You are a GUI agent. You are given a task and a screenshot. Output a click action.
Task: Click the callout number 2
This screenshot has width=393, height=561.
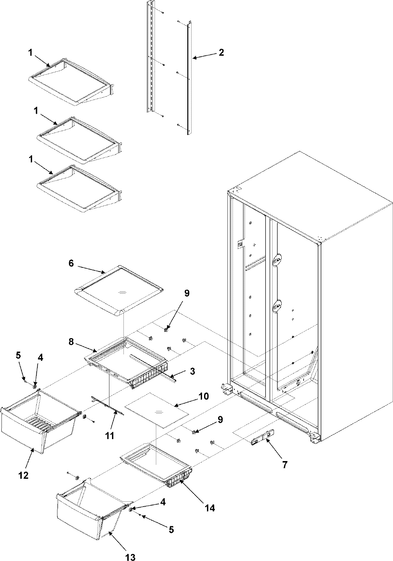click(x=221, y=52)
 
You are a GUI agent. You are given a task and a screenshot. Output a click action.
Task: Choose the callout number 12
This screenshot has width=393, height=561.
click(x=24, y=475)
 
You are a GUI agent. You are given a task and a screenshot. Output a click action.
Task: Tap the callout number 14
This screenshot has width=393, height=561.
click(x=210, y=508)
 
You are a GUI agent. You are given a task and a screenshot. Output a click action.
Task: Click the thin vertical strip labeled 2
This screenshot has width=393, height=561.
click(x=189, y=79)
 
